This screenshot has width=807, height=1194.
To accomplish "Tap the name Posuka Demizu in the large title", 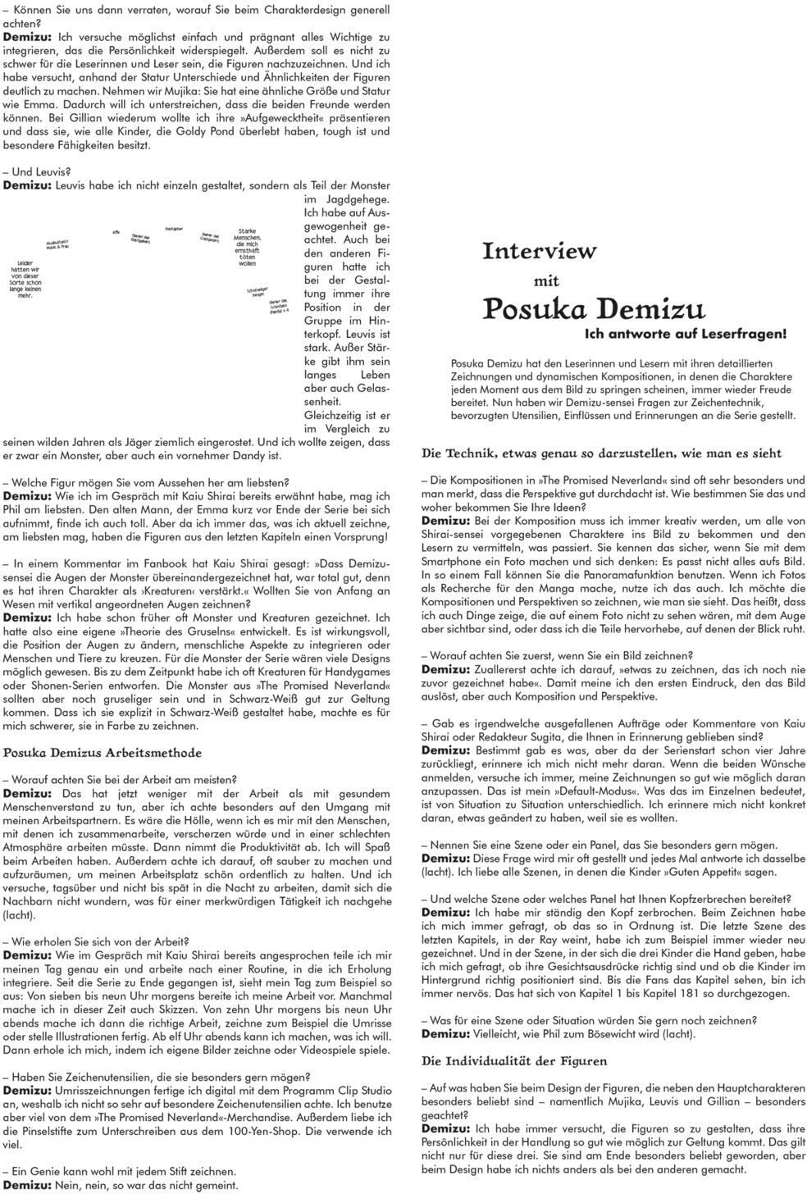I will (x=594, y=310).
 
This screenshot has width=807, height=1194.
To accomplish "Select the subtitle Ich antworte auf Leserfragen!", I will (x=686, y=334).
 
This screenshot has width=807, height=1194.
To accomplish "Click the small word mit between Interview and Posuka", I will (x=546, y=281).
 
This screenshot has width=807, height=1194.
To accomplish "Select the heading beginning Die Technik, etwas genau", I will (x=601, y=453).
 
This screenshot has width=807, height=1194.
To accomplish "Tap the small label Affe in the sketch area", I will (x=116, y=232).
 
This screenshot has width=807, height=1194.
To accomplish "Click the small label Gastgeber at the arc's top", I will (x=174, y=228).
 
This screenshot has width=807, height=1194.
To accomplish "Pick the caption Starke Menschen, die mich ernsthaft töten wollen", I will (x=247, y=248).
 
